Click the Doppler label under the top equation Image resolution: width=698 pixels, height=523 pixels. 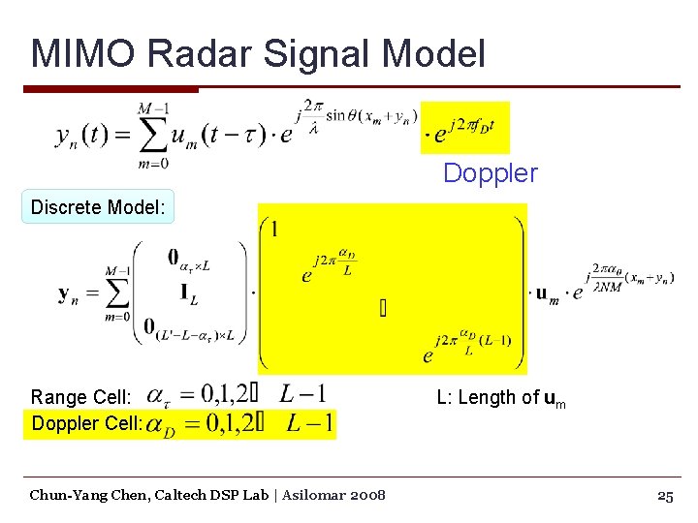[490, 173]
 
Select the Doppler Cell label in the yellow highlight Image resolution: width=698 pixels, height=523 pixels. [87, 423]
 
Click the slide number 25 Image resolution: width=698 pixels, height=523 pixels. [665, 495]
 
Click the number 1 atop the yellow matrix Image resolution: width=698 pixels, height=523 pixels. [275, 230]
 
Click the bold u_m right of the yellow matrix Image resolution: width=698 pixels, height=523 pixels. [547, 293]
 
